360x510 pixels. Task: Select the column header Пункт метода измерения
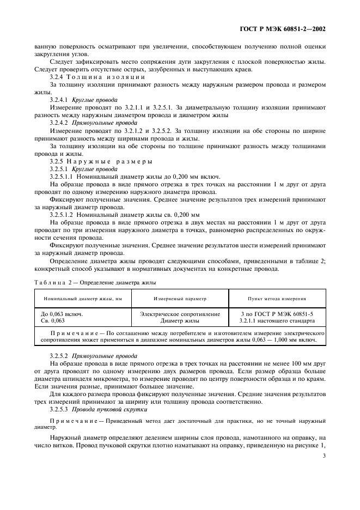[276, 299]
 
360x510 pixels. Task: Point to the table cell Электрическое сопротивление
[180, 314]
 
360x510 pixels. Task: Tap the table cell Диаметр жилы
[180, 321]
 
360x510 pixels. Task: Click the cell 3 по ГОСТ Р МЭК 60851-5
[276, 314]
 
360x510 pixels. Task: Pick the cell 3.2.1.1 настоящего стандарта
[276, 321]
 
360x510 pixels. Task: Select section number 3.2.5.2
[59, 355]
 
